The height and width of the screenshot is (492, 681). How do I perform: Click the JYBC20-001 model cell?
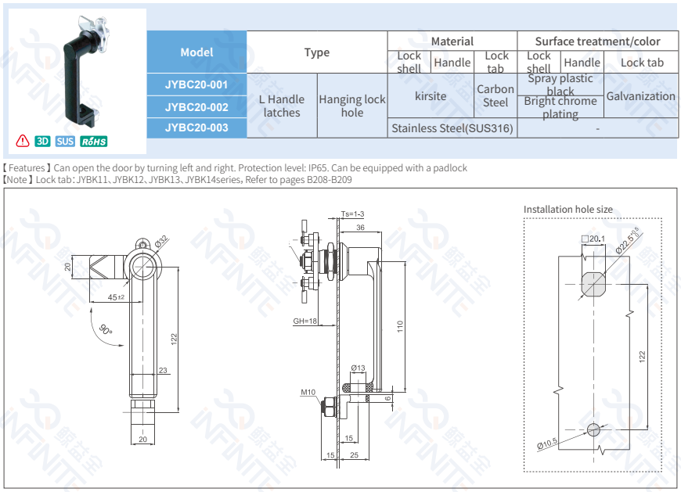click(x=196, y=84)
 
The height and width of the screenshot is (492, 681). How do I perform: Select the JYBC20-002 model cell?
click(x=196, y=106)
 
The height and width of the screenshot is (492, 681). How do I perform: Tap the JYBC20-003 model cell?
click(x=196, y=127)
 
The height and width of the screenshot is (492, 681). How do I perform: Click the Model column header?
click(x=196, y=52)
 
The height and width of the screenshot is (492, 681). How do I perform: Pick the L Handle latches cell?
click(x=282, y=106)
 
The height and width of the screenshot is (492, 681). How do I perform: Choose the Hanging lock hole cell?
click(x=352, y=106)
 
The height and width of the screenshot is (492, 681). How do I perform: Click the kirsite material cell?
click(x=431, y=95)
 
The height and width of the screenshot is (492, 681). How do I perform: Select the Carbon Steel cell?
click(x=495, y=95)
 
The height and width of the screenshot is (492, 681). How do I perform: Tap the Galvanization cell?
click(x=641, y=96)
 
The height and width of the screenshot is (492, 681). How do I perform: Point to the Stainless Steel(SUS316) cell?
click(x=452, y=128)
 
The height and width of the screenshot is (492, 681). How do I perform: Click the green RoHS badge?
click(x=94, y=142)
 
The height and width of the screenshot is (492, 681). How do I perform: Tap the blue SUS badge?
click(x=65, y=142)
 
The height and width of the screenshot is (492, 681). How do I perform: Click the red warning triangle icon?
click(x=22, y=141)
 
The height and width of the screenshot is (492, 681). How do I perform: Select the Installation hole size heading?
click(x=568, y=209)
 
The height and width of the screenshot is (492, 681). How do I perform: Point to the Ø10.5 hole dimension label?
click(x=547, y=444)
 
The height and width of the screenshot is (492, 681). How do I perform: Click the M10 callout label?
click(x=307, y=392)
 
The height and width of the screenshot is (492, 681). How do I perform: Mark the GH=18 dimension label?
click(x=304, y=321)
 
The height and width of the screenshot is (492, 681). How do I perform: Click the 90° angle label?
click(x=106, y=331)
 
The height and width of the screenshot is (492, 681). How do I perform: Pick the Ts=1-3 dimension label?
click(x=353, y=214)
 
